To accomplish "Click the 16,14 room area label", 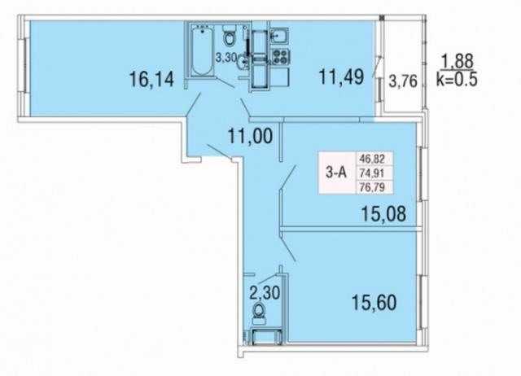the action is (x=152, y=80).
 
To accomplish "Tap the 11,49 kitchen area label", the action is (x=341, y=77).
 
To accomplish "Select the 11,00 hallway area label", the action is (x=250, y=136).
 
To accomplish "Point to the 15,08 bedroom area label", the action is (x=383, y=213).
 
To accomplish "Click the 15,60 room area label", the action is (x=374, y=303).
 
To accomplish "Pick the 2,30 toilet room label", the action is (x=265, y=293).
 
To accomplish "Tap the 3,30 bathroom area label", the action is (x=226, y=58).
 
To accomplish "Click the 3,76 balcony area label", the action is (x=403, y=81).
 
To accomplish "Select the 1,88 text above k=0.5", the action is (x=457, y=61).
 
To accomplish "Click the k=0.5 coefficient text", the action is (x=458, y=79).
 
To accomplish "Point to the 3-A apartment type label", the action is (x=336, y=173).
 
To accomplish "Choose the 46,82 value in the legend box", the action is (x=372, y=159).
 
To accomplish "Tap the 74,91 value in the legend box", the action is (x=372, y=173).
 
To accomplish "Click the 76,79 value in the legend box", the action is (x=372, y=187).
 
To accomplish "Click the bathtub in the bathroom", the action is (x=202, y=50).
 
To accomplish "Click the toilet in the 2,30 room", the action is (x=259, y=313).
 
